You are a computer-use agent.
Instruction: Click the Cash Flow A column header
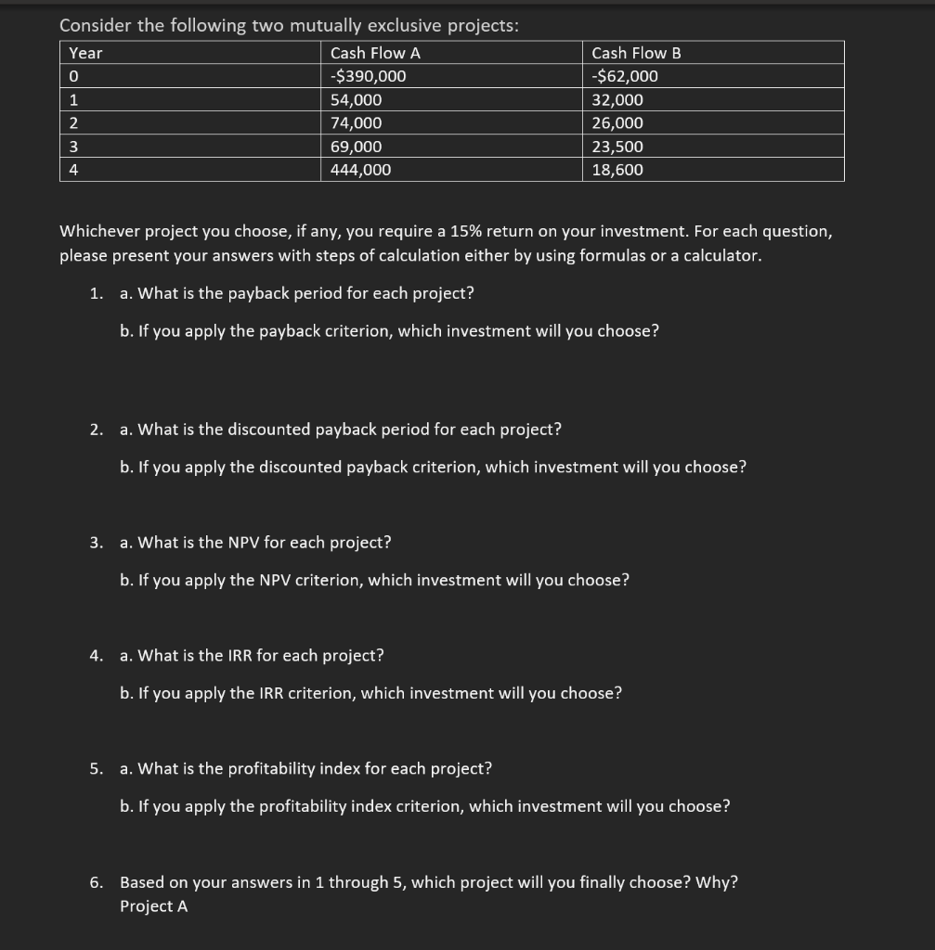coord(369,53)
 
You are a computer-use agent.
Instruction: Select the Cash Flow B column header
coord(636,53)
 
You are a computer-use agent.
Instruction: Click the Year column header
coord(85,53)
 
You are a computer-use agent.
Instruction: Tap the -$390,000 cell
coord(368,76)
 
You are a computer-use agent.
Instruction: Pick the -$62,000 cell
coord(625,76)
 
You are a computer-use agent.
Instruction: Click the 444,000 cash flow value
coord(360,170)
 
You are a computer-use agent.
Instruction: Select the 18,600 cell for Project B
coord(617,170)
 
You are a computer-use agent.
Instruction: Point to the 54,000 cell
coord(356,100)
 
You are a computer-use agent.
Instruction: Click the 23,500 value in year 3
coord(617,147)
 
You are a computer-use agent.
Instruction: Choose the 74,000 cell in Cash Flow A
coord(356,123)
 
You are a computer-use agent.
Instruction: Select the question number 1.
coord(97,293)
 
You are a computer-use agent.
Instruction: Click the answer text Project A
coord(153,906)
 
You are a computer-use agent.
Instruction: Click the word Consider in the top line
coord(95,26)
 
